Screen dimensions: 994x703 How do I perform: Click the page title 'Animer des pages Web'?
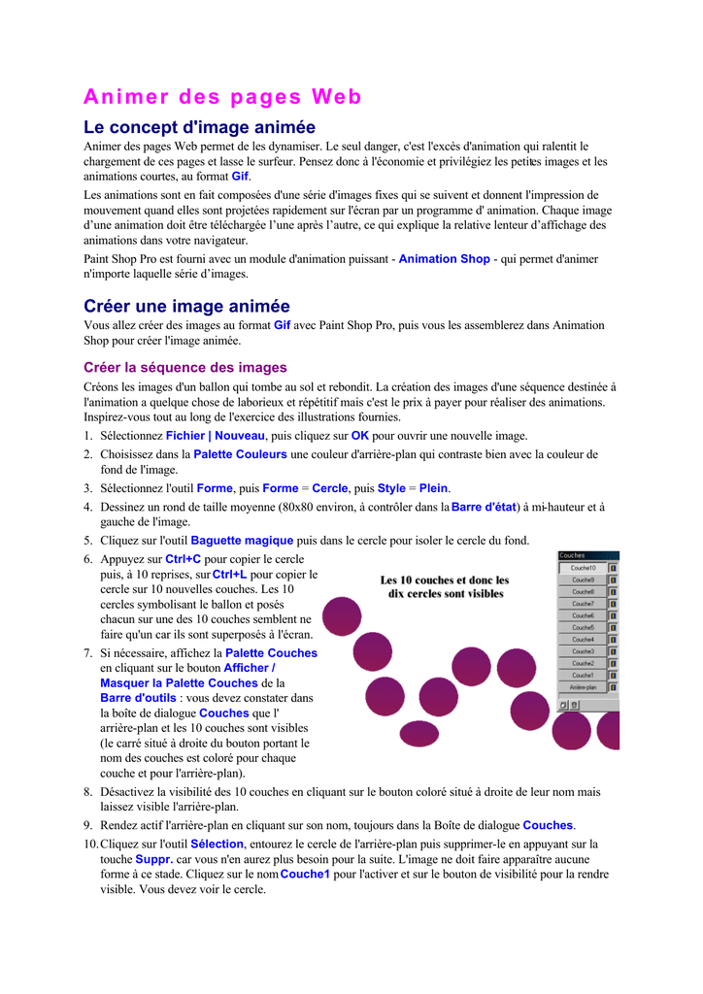[x=222, y=97]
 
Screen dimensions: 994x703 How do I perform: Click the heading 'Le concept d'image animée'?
[x=199, y=127]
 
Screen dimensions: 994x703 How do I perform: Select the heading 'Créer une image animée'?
[x=186, y=306]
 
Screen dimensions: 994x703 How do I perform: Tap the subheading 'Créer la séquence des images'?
[x=185, y=368]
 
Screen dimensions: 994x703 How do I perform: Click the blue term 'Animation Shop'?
[x=444, y=259]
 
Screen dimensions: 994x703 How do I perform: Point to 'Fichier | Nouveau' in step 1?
[x=215, y=436]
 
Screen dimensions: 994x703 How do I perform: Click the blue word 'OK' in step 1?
[x=359, y=436]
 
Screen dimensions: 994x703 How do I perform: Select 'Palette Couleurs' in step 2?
[x=240, y=454]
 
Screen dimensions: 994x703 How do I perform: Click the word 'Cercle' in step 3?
[x=329, y=488]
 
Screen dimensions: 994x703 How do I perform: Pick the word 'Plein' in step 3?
[x=434, y=488]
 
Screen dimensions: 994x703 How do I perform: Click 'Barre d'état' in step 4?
[x=484, y=507]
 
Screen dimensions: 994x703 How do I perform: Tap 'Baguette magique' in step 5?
[x=242, y=540]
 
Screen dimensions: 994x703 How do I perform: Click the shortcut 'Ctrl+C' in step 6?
[x=183, y=559]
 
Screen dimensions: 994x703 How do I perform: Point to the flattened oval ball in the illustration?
[x=419, y=733]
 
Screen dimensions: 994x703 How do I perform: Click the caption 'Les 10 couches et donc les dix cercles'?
[x=445, y=586]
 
